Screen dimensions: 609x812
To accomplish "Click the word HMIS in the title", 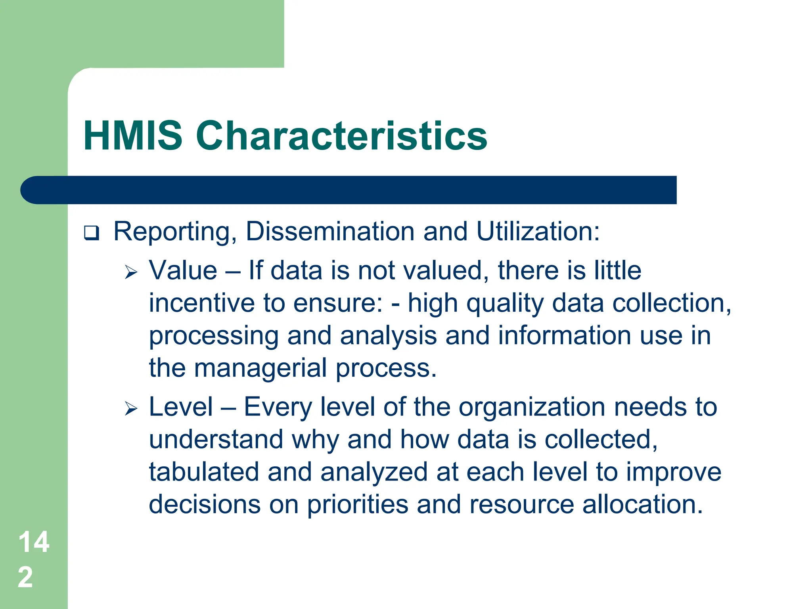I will click(133, 136).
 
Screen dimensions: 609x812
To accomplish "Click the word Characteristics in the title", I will click(341, 136).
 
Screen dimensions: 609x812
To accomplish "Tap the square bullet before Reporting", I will click(92, 233).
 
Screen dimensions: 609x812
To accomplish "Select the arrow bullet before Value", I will click(131, 272).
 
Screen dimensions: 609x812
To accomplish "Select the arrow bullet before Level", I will click(131, 408).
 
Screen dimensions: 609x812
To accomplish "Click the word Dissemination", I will click(330, 231).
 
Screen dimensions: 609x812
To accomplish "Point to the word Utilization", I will click(538, 231).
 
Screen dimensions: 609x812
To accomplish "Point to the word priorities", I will click(358, 505).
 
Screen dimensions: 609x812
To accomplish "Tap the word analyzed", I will click(373, 473).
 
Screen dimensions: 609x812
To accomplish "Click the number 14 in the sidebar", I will click(34, 542).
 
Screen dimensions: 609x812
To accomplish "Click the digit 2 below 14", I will click(25, 577).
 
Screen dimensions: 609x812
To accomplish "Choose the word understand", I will click(216, 440).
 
